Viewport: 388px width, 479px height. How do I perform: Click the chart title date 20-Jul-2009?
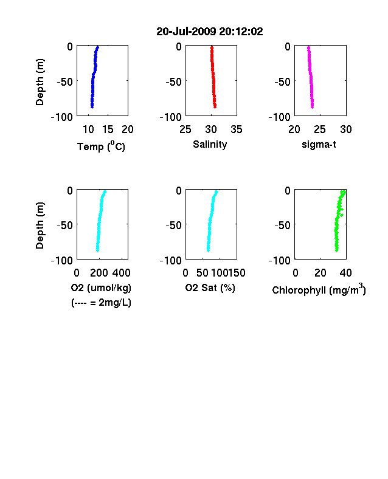point(186,32)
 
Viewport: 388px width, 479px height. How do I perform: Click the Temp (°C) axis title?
point(101,146)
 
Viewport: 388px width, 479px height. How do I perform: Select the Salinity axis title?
point(210,145)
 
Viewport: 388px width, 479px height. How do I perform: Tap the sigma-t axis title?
point(319,144)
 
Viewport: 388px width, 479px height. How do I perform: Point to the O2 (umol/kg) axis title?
point(101,288)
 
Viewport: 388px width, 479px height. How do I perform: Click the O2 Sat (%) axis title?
point(210,288)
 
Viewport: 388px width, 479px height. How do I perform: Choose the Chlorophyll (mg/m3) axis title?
point(319,289)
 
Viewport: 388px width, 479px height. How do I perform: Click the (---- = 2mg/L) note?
point(101,303)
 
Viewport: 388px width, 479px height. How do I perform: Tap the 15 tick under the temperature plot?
point(108,129)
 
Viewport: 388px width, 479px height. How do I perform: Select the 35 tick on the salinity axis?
point(237,129)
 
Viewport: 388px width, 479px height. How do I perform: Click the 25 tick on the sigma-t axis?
point(320,129)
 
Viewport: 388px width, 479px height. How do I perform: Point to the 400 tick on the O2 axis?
point(121,273)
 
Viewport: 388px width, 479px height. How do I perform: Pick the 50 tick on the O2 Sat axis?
point(203,273)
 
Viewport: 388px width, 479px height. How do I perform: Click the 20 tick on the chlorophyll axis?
point(320,273)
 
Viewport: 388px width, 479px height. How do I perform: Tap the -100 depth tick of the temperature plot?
point(62,117)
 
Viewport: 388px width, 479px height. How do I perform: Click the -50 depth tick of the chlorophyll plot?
point(282,225)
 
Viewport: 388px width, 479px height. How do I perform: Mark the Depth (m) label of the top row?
point(40,82)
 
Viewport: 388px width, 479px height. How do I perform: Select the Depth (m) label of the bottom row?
point(40,226)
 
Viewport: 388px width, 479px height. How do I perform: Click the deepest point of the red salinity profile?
point(215,106)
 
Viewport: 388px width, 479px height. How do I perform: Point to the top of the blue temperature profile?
point(98,47)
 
